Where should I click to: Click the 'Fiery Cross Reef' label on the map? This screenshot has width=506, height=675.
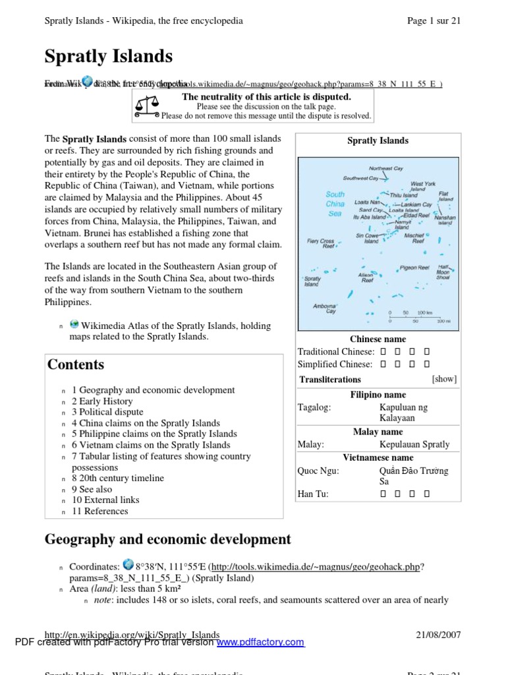pos(320,243)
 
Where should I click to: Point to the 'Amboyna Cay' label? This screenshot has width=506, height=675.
pos(324,308)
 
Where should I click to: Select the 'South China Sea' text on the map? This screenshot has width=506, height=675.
pos(335,204)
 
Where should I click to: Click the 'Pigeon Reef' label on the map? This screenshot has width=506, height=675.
pos(415,268)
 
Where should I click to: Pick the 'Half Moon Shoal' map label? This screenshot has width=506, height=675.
pos(443,272)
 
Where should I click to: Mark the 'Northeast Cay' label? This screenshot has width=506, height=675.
pos(385,169)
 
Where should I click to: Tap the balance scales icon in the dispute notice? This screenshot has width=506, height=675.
pos(146,105)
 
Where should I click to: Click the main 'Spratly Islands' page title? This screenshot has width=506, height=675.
pos(109,57)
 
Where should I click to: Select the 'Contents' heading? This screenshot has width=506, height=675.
pos(76,365)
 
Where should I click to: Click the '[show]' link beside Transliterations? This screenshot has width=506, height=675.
pos(443,379)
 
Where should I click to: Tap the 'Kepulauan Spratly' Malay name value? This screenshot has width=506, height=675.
pos(414,444)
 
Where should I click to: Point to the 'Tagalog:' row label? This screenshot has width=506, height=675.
pos(314,407)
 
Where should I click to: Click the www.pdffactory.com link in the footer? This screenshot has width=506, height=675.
pos(260,642)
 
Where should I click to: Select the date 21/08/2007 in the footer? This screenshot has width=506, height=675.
pos(438,635)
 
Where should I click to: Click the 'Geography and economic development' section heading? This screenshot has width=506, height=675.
pos(167,539)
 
